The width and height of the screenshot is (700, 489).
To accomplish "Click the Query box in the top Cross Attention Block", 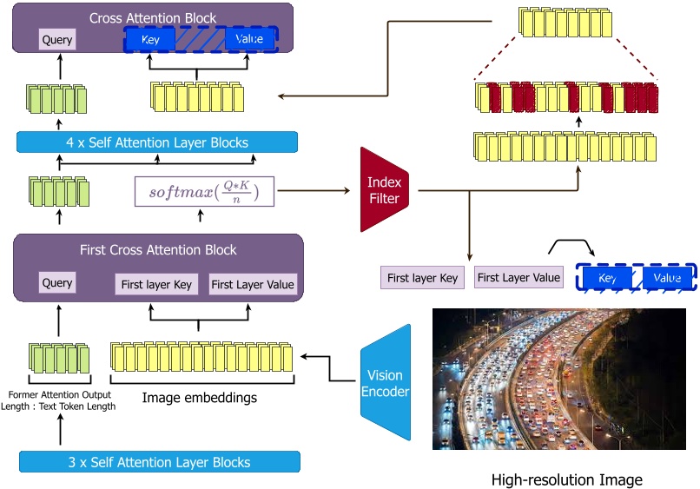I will (57, 39).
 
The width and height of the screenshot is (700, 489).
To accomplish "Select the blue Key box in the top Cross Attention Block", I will (150, 39).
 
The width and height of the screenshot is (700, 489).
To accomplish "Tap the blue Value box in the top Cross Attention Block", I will (249, 39).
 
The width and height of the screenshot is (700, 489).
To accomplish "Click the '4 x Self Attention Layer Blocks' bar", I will (157, 142).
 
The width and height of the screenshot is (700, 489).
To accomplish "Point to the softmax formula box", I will (205, 191).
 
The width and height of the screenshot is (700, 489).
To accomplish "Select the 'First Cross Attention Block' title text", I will (157, 250).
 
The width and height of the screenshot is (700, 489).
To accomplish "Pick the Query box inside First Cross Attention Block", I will (57, 282).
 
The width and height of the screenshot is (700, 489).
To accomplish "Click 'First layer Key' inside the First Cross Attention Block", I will (156, 284).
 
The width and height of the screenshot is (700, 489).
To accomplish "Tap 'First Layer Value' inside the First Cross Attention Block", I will (253, 284).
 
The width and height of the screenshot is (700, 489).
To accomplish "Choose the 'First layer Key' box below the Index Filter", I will (422, 278).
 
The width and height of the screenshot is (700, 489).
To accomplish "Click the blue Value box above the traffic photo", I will (667, 278).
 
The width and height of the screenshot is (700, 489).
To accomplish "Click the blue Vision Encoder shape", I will (386, 382).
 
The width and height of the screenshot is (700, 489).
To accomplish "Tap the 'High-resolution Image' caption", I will (567, 479).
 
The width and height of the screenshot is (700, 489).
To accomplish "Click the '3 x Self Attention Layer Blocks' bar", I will (159, 462).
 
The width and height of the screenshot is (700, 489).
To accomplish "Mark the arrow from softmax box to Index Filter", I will (316, 190).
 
